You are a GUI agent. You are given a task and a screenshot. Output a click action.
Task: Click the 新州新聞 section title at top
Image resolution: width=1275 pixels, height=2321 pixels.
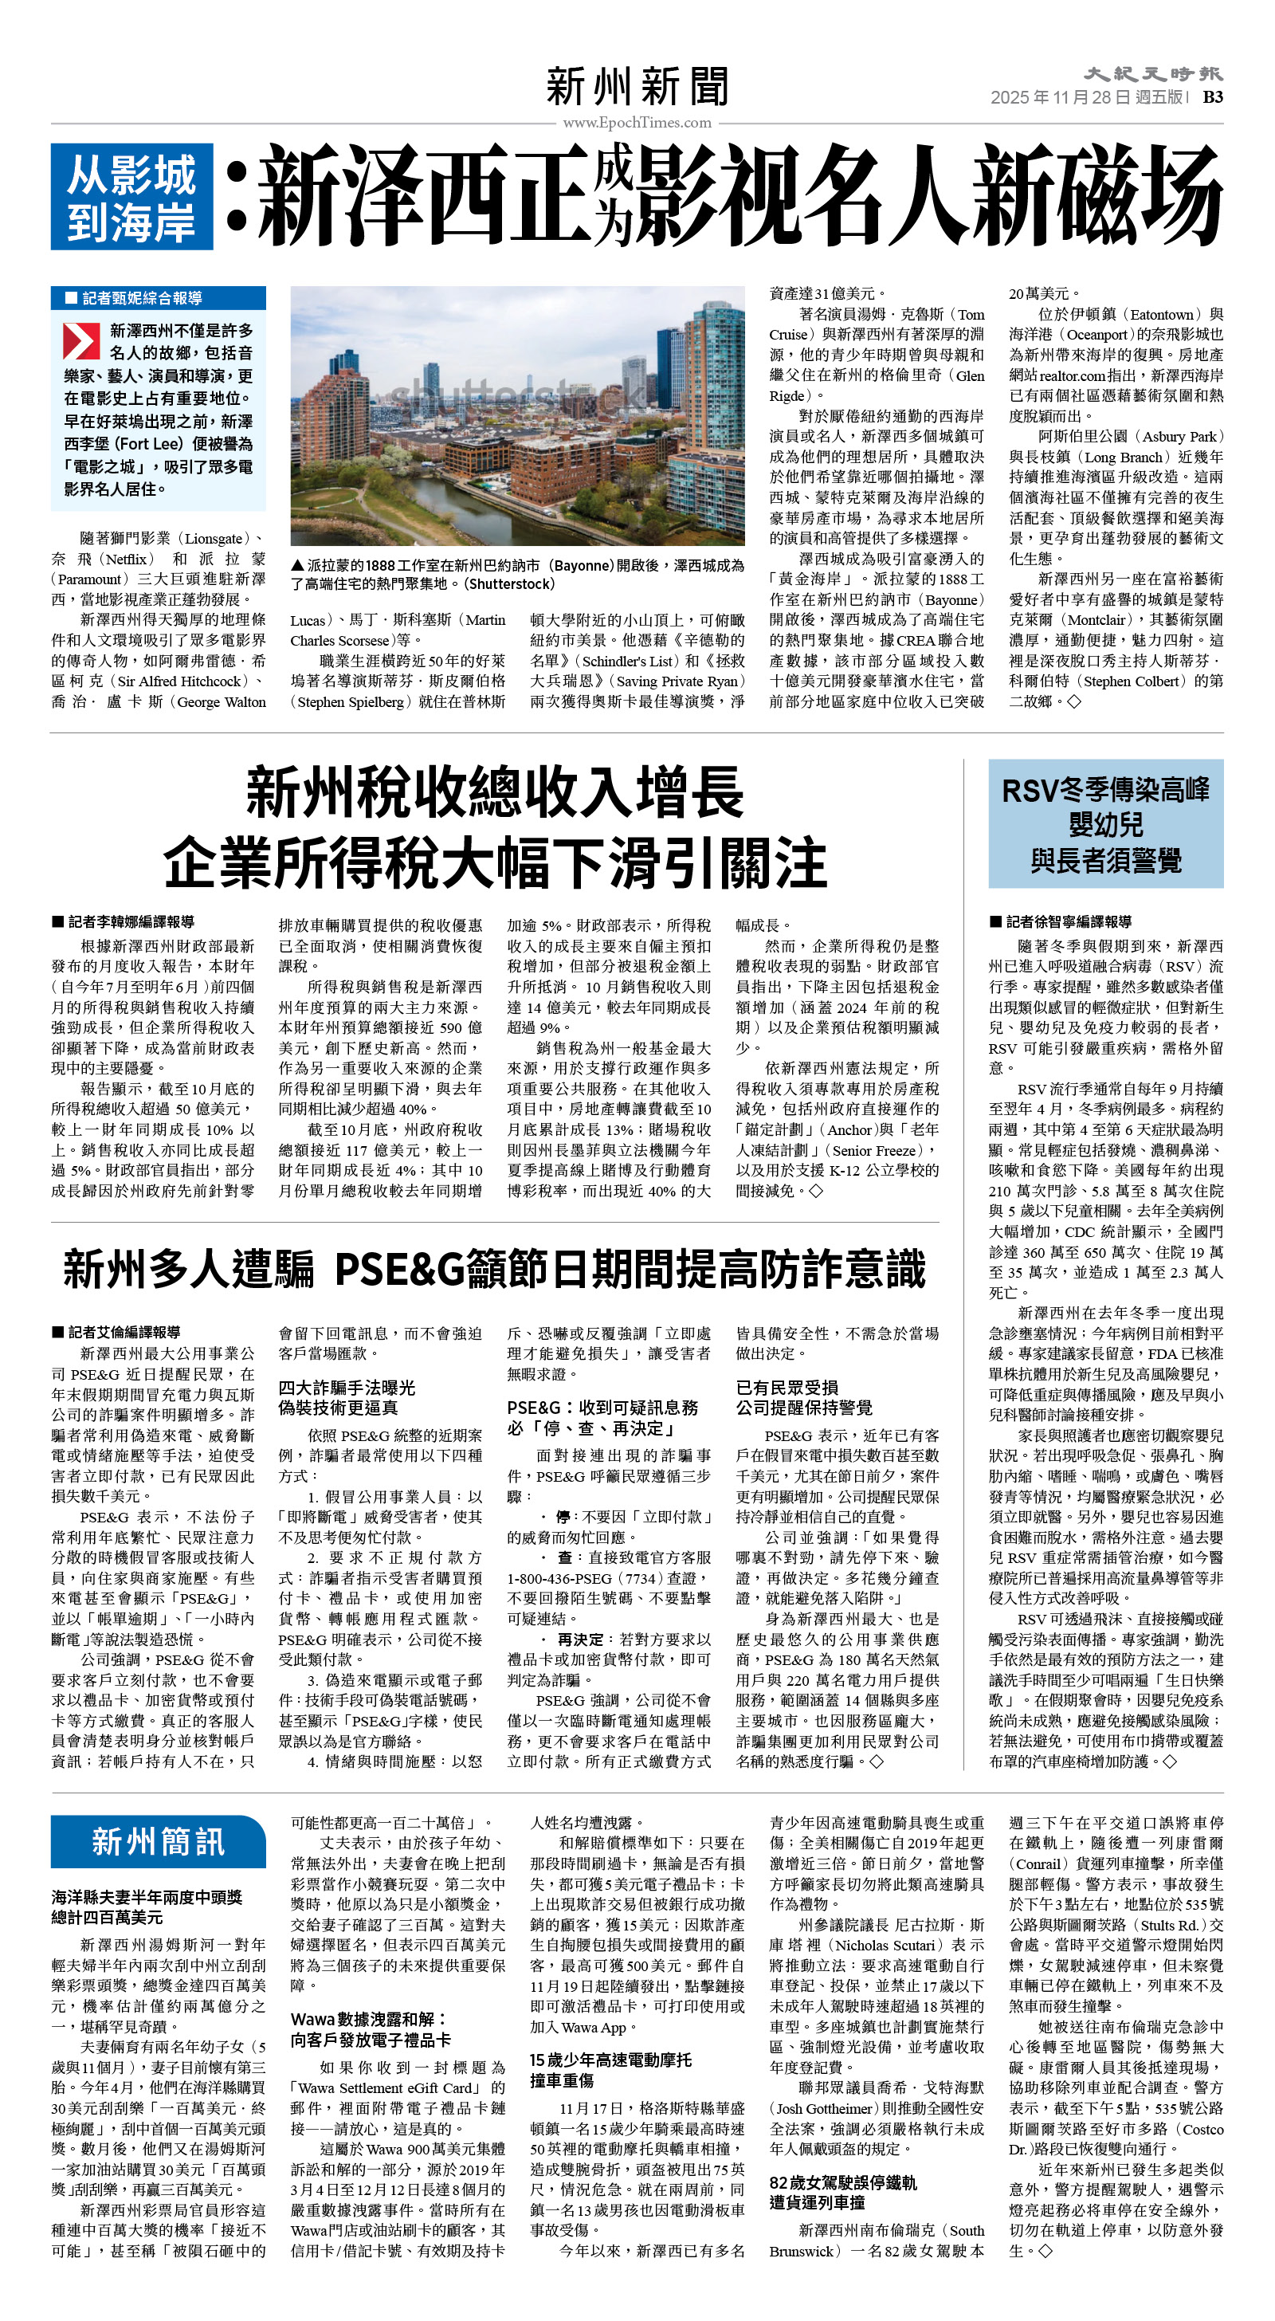click(637, 87)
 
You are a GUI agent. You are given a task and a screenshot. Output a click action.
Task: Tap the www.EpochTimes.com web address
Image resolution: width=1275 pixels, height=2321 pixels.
click(637, 123)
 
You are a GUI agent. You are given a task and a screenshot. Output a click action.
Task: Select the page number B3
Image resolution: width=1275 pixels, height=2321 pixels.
click(1213, 97)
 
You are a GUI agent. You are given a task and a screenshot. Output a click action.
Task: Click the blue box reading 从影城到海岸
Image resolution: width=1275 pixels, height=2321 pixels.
click(131, 198)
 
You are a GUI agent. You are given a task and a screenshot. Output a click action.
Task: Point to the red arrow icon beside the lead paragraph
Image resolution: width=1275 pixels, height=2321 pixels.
click(80, 341)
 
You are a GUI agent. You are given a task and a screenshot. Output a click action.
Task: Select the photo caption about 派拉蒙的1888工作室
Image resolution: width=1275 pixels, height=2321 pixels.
click(516, 574)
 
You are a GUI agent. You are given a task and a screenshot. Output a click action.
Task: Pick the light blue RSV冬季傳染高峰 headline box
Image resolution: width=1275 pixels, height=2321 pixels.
click(1105, 823)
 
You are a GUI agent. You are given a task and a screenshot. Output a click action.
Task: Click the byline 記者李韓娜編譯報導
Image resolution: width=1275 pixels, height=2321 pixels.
click(124, 921)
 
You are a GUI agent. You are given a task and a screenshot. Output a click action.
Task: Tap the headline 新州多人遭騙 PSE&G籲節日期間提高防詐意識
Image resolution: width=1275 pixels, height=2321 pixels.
click(495, 1270)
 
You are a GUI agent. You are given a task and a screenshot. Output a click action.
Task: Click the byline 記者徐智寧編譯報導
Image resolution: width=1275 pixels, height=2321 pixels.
click(1061, 921)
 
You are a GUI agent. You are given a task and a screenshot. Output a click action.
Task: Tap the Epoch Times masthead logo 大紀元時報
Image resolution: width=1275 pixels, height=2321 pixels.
click(1152, 74)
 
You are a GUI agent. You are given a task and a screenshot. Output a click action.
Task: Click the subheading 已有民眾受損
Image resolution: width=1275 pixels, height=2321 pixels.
click(787, 1388)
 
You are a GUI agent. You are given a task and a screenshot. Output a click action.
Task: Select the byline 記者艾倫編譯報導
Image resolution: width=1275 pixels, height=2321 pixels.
click(116, 1332)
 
